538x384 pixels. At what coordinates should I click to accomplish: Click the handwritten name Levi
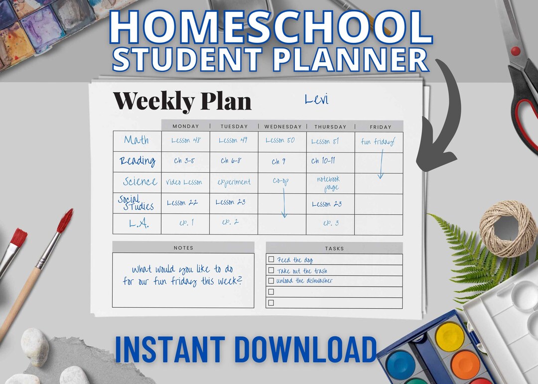coord(316,100)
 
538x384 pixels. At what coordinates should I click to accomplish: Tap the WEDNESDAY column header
coord(282,127)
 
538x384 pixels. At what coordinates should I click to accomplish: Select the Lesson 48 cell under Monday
coord(186,141)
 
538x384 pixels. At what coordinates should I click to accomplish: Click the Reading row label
coord(137,161)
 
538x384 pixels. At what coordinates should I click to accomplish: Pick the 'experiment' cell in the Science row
coord(234,182)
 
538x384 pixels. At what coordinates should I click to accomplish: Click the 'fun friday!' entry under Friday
coord(378,142)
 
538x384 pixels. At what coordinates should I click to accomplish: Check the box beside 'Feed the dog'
coord(271,259)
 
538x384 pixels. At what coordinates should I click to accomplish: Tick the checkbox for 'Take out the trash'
coord(271,270)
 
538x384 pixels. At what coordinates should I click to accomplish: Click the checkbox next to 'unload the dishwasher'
coord(271,281)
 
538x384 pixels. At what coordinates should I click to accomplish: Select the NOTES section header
coord(183,248)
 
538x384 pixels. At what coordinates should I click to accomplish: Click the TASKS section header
coord(334,248)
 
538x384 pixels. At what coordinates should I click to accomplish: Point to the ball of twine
coord(508,229)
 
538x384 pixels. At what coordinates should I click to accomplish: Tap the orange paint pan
coord(465,363)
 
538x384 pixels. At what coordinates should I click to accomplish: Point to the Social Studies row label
coord(135,203)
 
